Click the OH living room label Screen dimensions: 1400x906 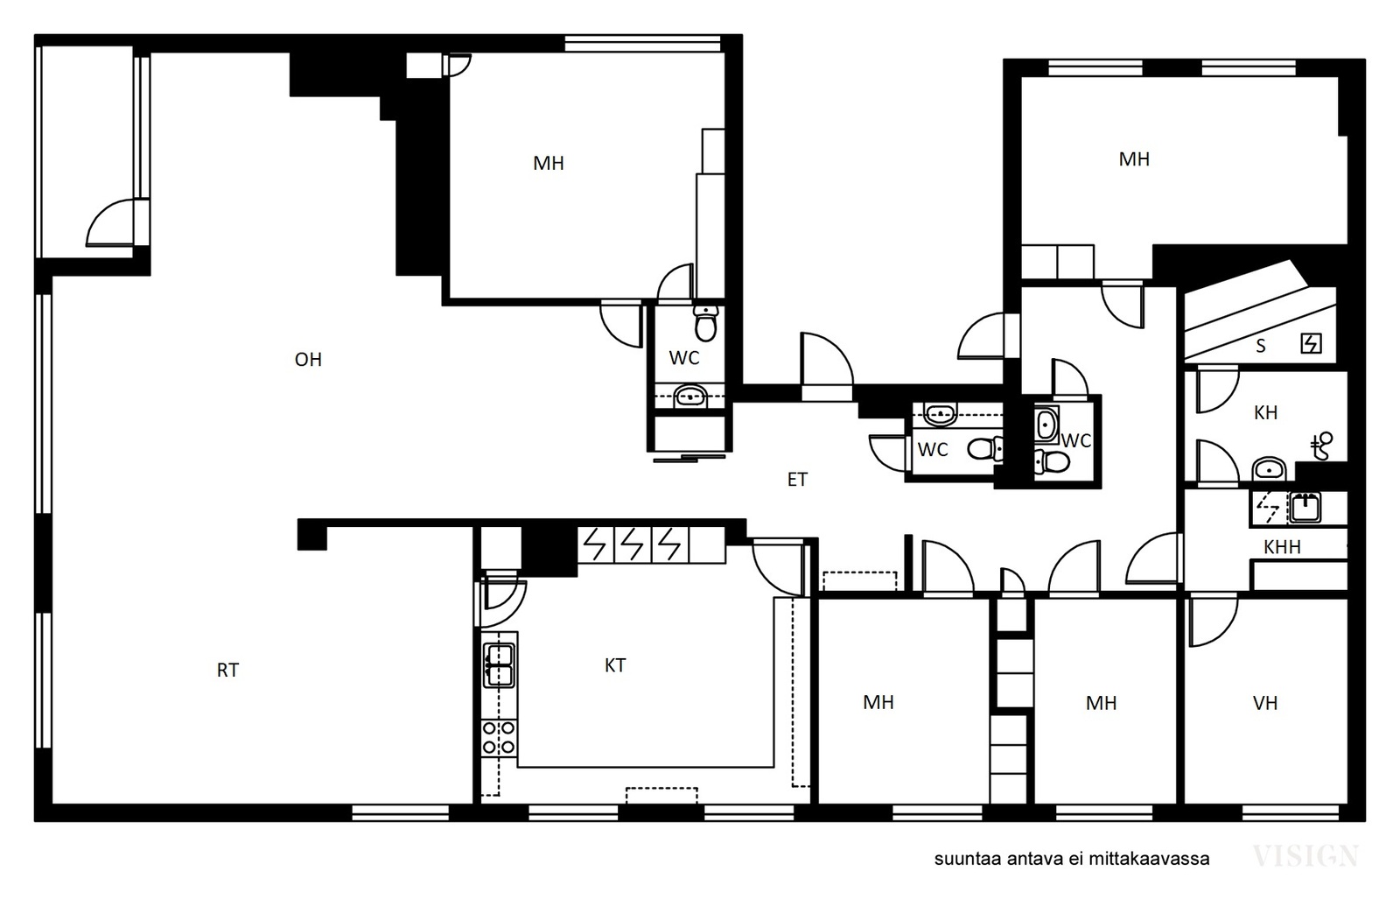coord(308,360)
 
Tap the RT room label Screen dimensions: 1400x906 coord(227,671)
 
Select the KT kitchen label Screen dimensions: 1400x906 coord(615,665)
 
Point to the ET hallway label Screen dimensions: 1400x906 coord(797,480)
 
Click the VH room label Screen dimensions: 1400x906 coord(1265,704)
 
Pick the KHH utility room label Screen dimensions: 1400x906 coord(1282,547)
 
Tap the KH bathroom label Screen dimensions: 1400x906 coord(1265,412)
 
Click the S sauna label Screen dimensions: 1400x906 coord(1261,346)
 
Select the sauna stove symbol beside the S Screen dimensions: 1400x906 coord(1311,343)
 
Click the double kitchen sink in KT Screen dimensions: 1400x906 coord(500,665)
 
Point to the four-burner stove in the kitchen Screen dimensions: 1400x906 coord(499,738)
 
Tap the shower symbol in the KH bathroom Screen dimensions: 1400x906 coord(1321,446)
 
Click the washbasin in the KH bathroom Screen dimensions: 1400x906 coord(1268,469)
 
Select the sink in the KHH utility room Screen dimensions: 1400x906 coord(1305,507)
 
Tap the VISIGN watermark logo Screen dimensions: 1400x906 coord(1305,856)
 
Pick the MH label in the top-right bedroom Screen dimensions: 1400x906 coord(1134,159)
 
